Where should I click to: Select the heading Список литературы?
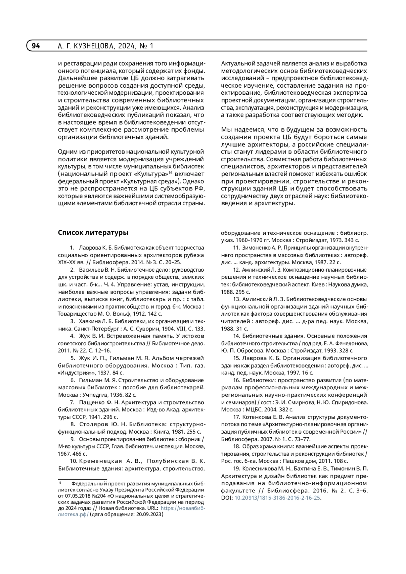point(93,233)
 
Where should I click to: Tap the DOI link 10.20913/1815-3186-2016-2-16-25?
point(277,498)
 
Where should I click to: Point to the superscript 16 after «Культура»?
point(171,172)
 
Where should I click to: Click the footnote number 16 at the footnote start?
point(60,483)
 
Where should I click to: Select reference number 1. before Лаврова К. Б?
point(72,248)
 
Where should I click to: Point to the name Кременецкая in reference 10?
point(100,461)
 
